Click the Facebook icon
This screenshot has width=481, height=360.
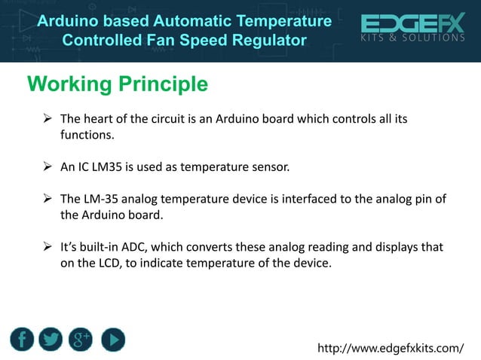pos(23,340)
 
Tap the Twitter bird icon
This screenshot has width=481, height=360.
pos(52,340)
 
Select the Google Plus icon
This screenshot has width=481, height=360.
pos(81,340)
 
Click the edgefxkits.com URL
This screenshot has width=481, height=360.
pos(391,349)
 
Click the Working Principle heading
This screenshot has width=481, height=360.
pos(118,84)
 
